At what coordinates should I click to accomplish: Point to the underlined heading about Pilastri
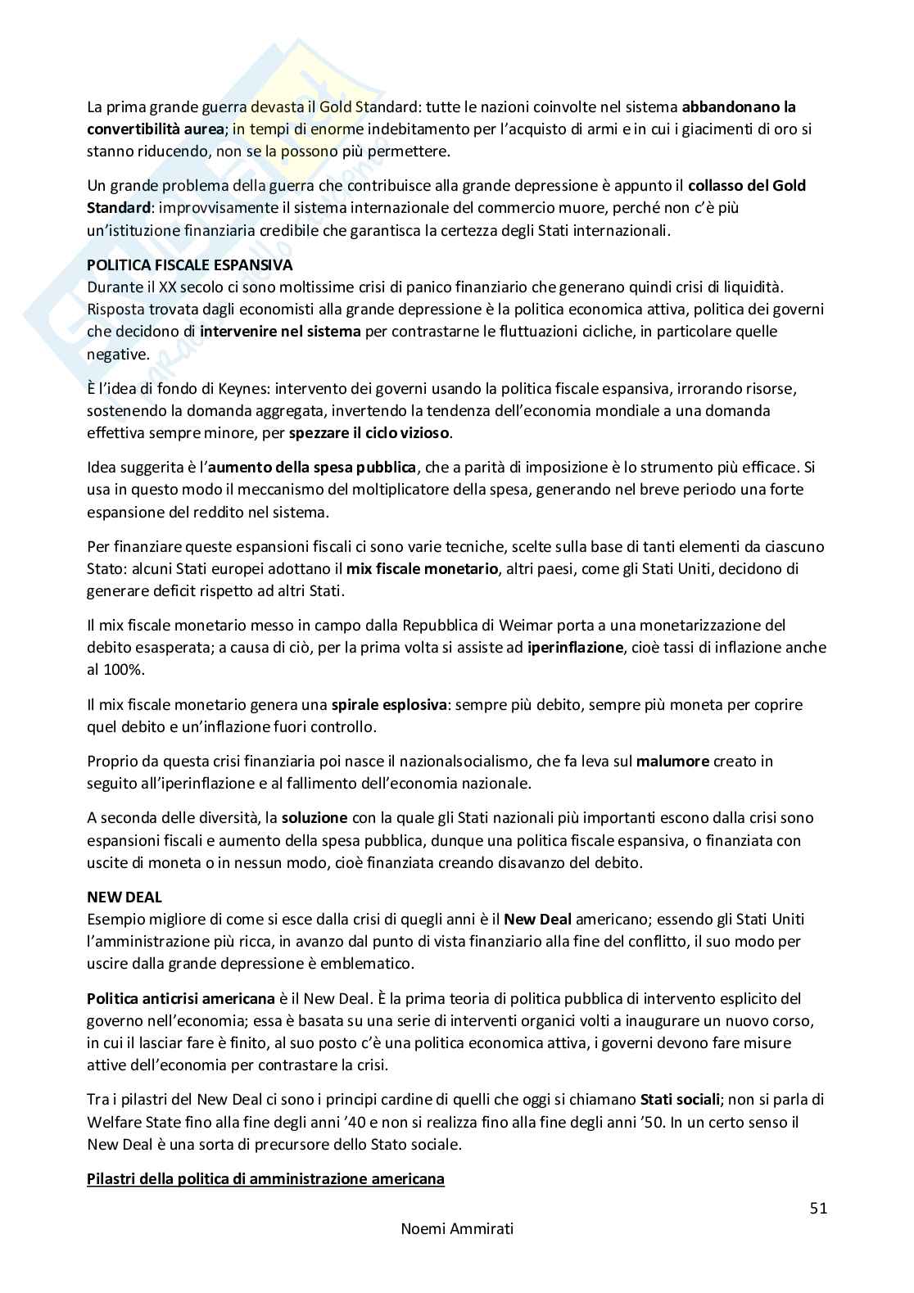[265, 1179]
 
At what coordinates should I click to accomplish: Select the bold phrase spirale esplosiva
[389, 704]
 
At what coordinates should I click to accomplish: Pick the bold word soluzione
[314, 817]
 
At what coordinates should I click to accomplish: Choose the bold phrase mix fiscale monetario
[422, 568]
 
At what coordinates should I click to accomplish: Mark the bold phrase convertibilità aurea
[154, 129]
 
